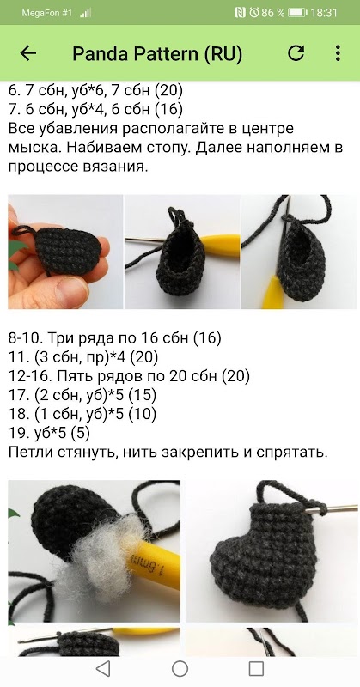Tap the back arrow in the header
pos(28,53)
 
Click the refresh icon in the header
pos(296,53)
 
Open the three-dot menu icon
pos(338,53)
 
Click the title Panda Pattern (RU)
pos(157,54)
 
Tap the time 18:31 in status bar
pos(324,13)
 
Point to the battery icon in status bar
pos(298,13)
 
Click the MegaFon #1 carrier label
pos(46,13)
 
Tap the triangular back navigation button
pos(102,669)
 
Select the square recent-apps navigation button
pos(256,669)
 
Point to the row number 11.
pos(17,357)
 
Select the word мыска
pos(34,148)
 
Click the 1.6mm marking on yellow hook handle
pos(147,564)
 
